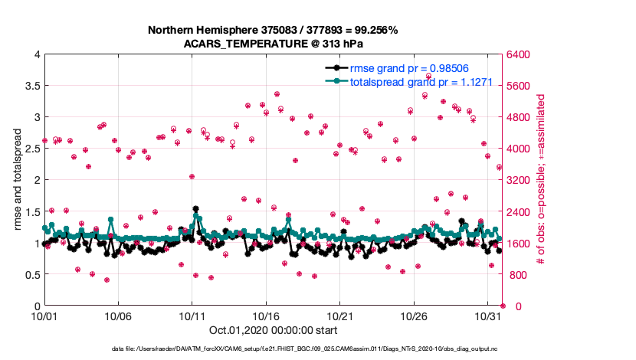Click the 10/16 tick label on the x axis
pyautogui.click(x=266, y=316)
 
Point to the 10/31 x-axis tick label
pyautogui.click(x=488, y=316)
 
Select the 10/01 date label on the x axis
pyautogui.click(x=44, y=316)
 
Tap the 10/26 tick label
pyautogui.click(x=415, y=316)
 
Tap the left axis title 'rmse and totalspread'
pyautogui.click(x=16, y=181)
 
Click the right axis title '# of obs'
pyautogui.click(x=541, y=181)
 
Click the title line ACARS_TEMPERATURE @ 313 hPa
pyautogui.click(x=273, y=44)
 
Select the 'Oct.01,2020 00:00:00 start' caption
pyautogui.click(x=273, y=331)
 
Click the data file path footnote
pyautogui.click(x=273, y=349)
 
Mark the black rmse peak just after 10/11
pyautogui.click(x=196, y=208)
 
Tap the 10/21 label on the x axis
pyautogui.click(x=340, y=316)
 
